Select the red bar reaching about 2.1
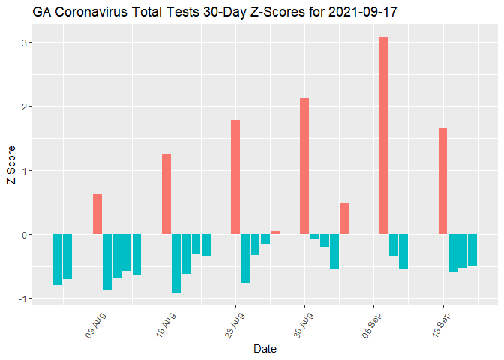tap(304, 166)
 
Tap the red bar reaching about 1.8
tap(235, 177)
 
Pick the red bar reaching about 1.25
tap(166, 193)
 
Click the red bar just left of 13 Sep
tap(442, 181)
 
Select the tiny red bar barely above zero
tap(275, 232)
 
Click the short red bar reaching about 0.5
tap(344, 218)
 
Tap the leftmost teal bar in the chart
tap(58, 259)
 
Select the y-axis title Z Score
tap(10, 170)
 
